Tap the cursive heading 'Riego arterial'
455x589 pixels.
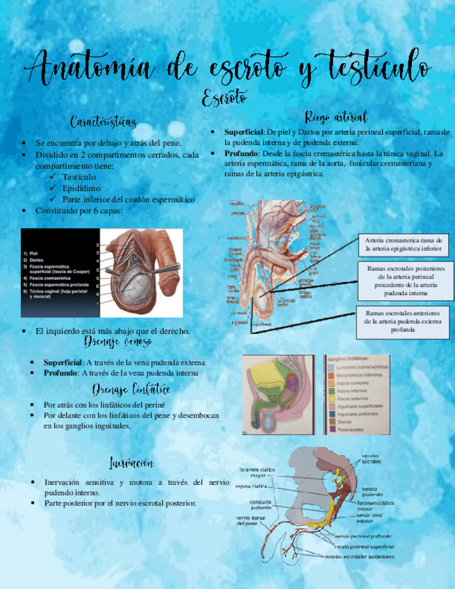click(x=336, y=115)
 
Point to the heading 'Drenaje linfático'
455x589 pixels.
click(x=131, y=390)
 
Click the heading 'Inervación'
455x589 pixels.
click(x=132, y=463)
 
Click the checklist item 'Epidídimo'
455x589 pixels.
click(x=81, y=188)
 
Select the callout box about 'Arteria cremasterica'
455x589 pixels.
click(x=403, y=243)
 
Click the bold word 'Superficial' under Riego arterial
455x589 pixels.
click(x=243, y=131)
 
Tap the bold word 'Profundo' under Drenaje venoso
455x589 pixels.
click(x=61, y=373)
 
